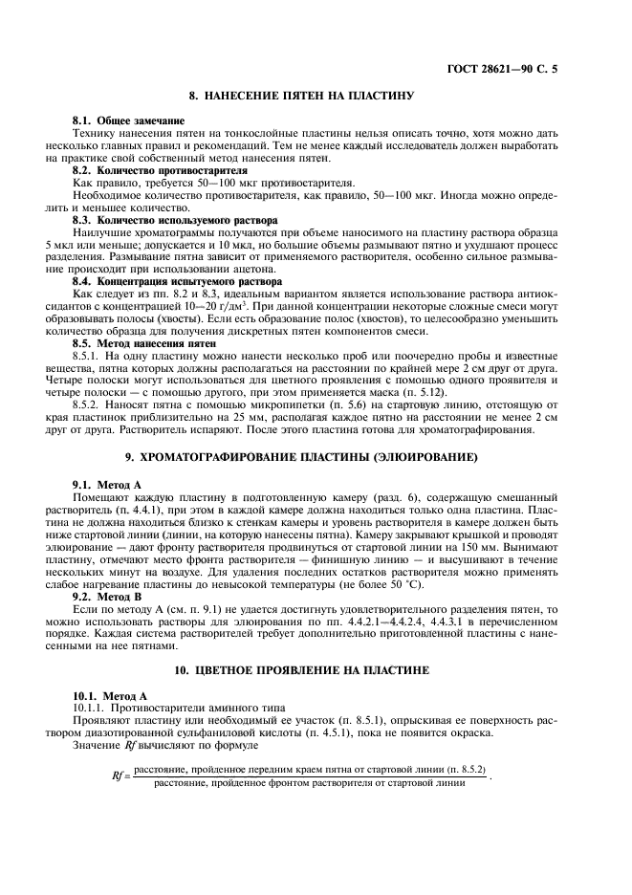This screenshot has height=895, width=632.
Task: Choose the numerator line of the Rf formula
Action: tap(310, 770)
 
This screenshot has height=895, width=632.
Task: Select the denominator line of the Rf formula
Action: tap(310, 783)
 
